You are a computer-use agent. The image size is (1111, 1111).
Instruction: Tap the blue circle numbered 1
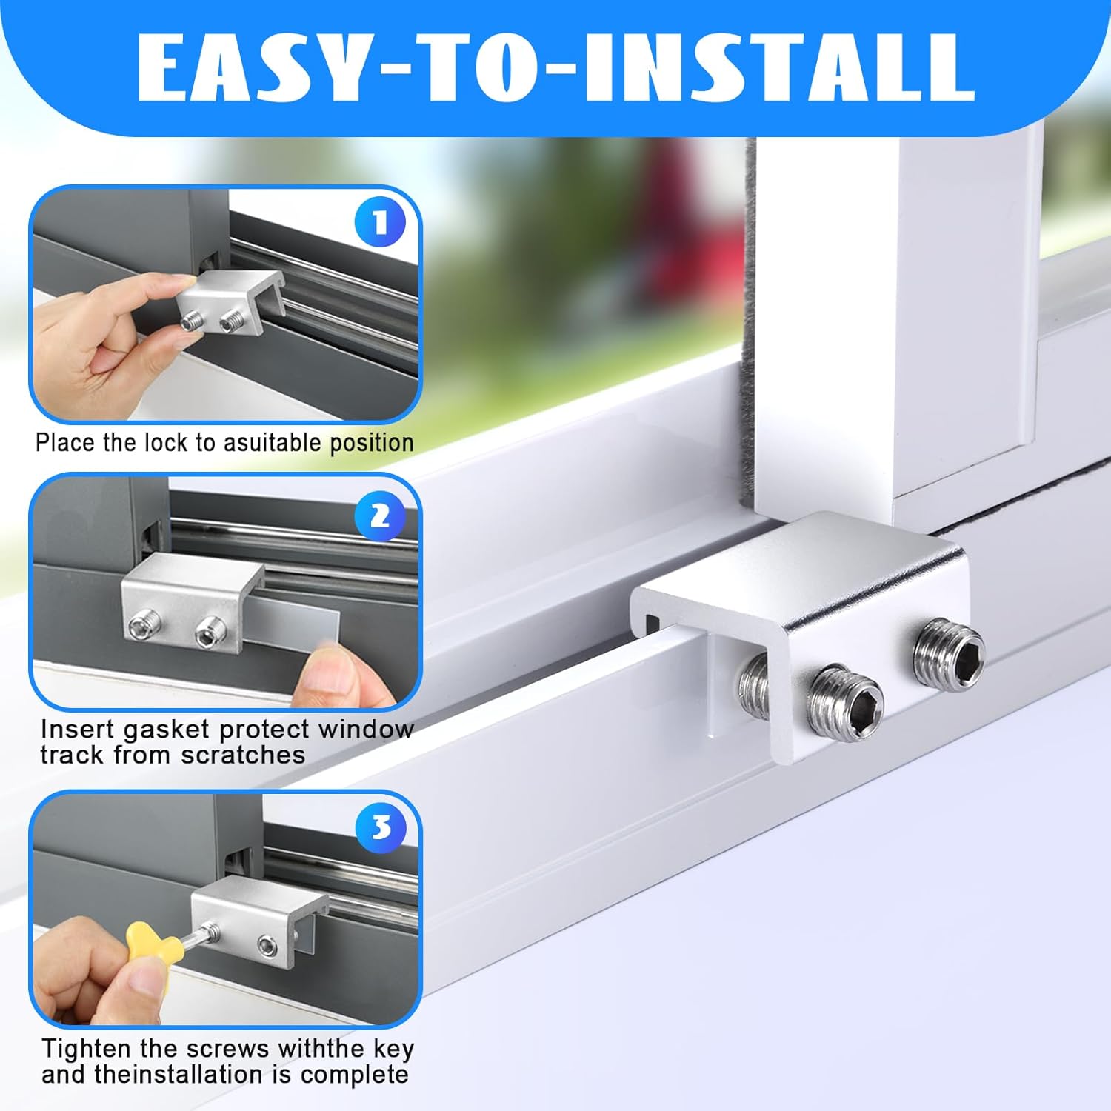380,223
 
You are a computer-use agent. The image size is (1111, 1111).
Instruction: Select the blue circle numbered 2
380,516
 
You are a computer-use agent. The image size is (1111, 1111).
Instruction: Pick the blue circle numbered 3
381,828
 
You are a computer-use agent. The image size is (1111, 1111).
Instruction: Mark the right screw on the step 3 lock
267,945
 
